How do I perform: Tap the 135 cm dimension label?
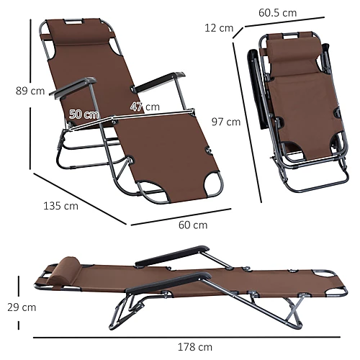click(x=60, y=207)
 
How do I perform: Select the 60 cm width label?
click(x=192, y=225)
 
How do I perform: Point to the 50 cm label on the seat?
click(x=84, y=114)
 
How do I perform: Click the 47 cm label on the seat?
click(x=145, y=107)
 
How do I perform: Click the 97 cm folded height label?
click(x=227, y=122)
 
